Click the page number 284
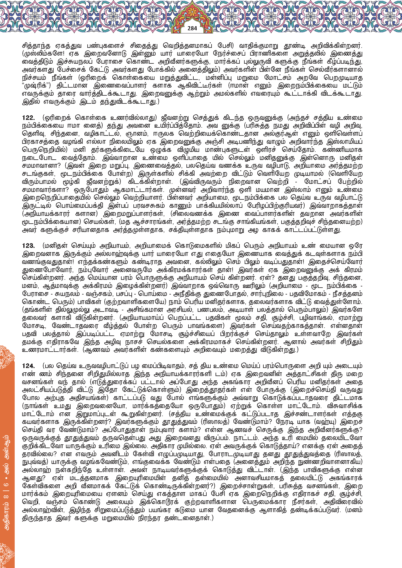pyautogui.click(x=192, y=28)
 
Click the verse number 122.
pyautogui.click(x=28, y=118)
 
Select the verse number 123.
pyautogui.click(x=28, y=246)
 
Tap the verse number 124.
pyautogui.click(x=28, y=366)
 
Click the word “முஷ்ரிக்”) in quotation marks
pyautogui.click(x=36, y=86)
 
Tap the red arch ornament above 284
pyautogui.click(x=192, y=13)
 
